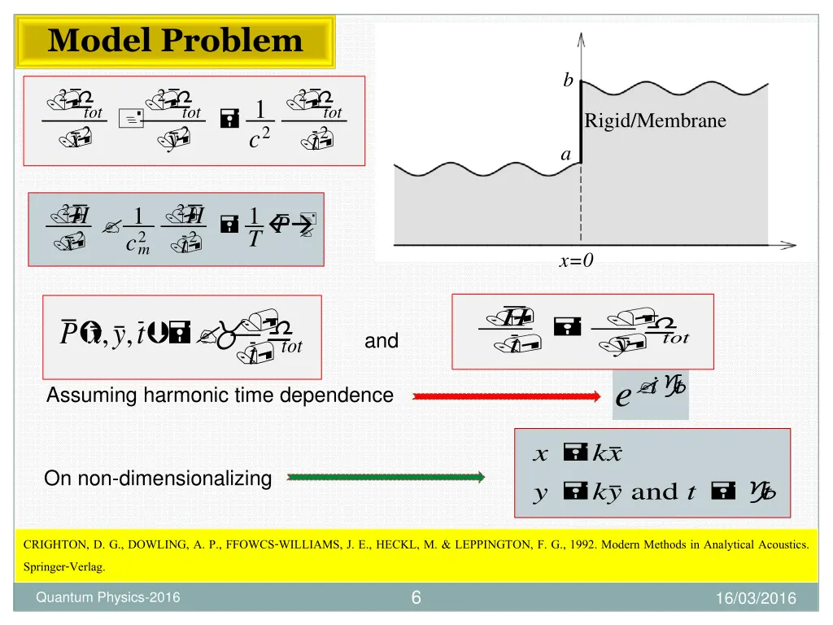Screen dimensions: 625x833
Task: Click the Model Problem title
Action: (175, 41)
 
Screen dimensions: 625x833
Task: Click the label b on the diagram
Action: (568, 81)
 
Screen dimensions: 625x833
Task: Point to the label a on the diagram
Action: (567, 154)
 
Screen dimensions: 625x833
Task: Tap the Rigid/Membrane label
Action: (655, 121)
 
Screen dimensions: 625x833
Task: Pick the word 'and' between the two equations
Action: (382, 342)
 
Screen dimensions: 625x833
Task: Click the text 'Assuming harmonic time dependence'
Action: (220, 396)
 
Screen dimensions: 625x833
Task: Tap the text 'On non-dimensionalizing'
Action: (158, 479)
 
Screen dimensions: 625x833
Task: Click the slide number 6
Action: (416, 599)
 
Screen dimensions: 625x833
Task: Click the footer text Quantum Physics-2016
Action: (108, 599)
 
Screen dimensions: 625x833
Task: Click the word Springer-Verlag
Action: (63, 567)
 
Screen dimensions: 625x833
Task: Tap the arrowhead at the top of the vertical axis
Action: (580, 38)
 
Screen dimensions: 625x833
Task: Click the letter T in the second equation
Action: (255, 240)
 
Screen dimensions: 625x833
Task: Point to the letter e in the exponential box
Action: (623, 399)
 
